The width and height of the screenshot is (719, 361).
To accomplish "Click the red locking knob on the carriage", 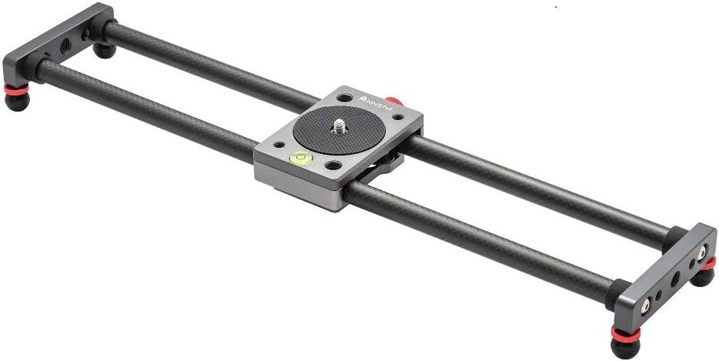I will (x=394, y=102).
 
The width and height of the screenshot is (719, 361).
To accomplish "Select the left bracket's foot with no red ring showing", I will (x=103, y=52).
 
